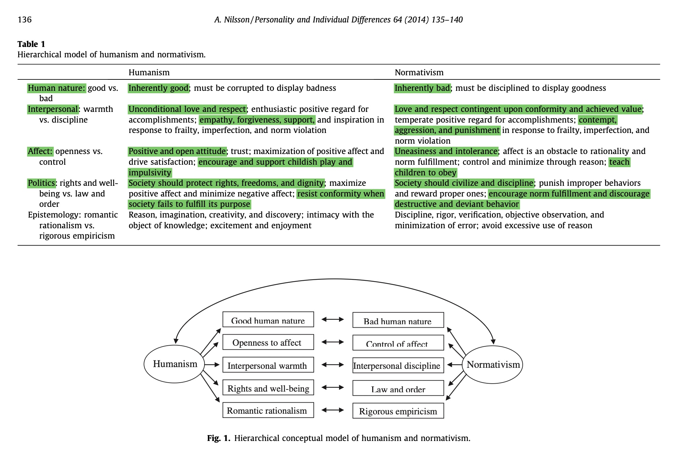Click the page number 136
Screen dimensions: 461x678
[x=25, y=20]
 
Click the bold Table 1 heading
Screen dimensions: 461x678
[x=31, y=44]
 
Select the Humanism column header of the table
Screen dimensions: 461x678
[x=149, y=73]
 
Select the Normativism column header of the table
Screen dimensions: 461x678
[x=419, y=73]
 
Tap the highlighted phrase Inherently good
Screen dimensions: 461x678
[x=158, y=88]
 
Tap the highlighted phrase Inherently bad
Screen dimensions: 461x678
[x=422, y=88]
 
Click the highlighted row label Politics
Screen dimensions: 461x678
[x=41, y=183]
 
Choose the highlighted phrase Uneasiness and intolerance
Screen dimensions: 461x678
[x=446, y=151]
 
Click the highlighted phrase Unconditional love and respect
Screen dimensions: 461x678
[x=187, y=109]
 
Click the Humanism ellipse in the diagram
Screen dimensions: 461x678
[x=175, y=364]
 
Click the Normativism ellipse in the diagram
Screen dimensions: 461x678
[x=493, y=365]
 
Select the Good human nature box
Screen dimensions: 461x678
[x=268, y=320]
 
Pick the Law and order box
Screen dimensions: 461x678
[x=398, y=388]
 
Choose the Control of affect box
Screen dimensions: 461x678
[x=398, y=343]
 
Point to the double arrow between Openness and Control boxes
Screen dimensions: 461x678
[x=333, y=342]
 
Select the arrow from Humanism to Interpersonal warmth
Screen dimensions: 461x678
[x=212, y=365]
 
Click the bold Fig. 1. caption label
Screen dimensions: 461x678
[x=218, y=438]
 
